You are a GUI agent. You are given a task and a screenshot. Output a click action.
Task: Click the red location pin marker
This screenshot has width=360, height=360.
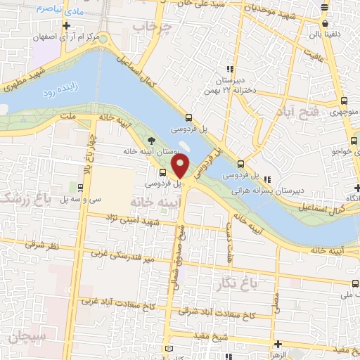[x=181, y=166]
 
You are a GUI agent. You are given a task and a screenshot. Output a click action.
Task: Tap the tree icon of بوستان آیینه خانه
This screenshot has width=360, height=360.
[x=151, y=140]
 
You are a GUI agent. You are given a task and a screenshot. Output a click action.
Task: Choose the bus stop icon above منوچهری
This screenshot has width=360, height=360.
[x=344, y=100]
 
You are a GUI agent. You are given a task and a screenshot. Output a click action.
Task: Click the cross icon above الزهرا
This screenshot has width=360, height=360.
[x=279, y=345]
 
